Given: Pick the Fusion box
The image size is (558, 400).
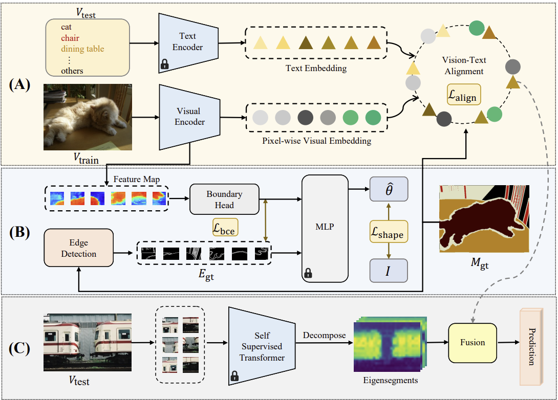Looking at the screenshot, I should tap(472, 342).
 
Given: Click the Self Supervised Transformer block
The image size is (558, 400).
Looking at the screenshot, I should tap(262, 345).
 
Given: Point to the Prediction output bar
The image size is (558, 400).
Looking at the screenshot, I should tap(530, 346).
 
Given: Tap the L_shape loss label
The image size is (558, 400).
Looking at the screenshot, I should tap(389, 233).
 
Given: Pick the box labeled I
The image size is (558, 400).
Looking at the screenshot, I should tap(389, 270).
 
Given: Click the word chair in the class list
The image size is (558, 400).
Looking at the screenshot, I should tap(70, 38).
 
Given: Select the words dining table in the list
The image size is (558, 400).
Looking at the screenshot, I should tap(82, 49).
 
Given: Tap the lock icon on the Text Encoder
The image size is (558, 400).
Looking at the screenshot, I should tap(164, 64).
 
